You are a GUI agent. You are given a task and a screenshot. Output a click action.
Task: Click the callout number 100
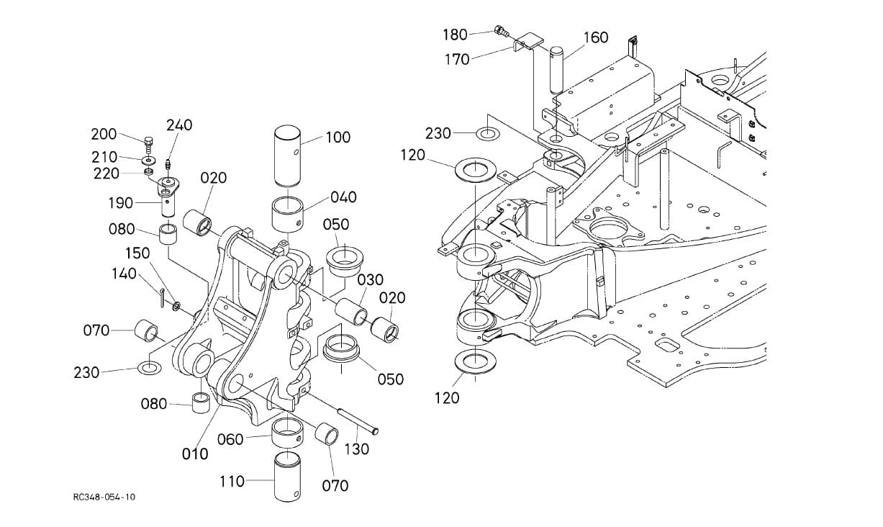coord(338,137)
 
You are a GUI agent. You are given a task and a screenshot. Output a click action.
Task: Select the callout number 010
coord(194,454)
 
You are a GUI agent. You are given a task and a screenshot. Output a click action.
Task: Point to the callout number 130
coord(357,449)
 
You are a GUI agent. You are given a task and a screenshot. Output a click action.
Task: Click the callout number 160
coord(595,37)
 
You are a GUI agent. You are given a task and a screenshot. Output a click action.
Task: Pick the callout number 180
coord(455,34)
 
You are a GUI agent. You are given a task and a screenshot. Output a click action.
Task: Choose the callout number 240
coord(179,125)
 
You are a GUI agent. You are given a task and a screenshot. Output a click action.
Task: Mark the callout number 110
coord(232,481)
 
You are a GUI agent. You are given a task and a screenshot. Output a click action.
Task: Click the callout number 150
coord(137,253)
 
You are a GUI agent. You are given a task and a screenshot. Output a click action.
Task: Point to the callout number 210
coord(104,157)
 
